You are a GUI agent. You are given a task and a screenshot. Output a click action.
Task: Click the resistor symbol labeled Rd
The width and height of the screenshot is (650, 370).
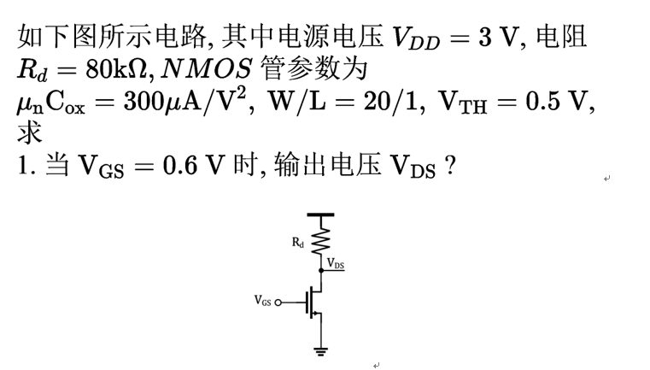coord(321,239)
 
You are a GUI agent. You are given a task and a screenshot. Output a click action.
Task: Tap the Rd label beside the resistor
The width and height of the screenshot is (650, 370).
coord(297,243)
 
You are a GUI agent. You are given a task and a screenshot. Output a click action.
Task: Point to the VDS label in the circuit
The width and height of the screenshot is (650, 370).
coord(335,264)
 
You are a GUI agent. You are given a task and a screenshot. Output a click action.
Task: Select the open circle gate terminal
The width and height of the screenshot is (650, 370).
coord(277,301)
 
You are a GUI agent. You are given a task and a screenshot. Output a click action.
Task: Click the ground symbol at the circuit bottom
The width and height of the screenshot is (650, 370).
coord(321,349)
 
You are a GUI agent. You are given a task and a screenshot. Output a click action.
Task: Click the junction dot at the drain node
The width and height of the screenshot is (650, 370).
coord(321,269)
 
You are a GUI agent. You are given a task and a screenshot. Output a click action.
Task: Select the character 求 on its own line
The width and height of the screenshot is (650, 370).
coord(28,132)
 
